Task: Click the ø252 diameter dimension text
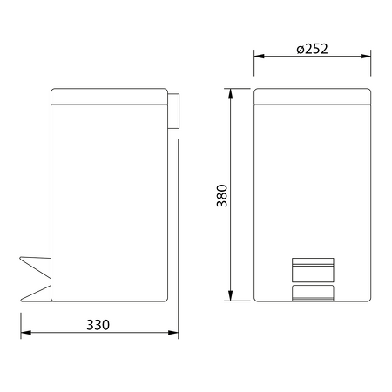(x=311, y=49)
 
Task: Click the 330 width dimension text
(x=98, y=325)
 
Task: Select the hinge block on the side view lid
(x=173, y=112)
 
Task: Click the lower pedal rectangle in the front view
(x=313, y=293)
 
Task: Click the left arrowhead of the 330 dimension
(x=24, y=333)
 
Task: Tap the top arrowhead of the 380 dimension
(x=233, y=92)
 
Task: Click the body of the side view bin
(x=109, y=200)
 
